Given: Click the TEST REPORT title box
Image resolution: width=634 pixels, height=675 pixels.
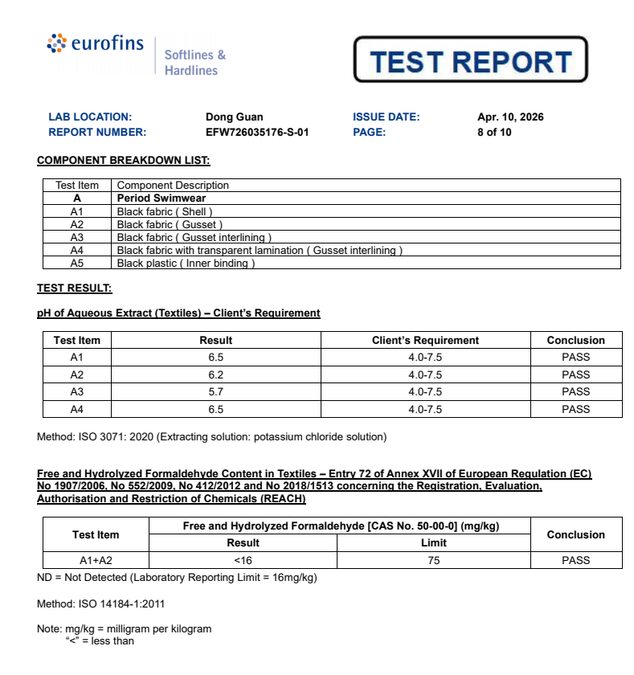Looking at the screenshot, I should tap(470, 61).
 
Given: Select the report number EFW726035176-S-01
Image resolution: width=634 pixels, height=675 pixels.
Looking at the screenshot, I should tap(257, 133).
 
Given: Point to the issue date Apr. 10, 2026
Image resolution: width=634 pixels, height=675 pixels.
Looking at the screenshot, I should tap(510, 117).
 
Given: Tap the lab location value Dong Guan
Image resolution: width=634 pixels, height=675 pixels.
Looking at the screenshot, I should tap(235, 117).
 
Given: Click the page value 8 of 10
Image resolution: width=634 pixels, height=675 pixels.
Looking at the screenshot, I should tap(494, 133).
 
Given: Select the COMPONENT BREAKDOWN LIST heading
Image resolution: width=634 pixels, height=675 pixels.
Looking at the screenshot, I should tap(124, 161).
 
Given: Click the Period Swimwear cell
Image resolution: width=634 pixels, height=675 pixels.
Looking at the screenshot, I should tap(162, 198).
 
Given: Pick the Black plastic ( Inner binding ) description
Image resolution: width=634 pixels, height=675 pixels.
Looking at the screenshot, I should tap(186, 263).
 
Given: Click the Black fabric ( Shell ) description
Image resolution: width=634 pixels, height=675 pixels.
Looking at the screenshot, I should tap(165, 211).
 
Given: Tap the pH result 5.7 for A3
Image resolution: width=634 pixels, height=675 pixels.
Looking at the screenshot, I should tap(215, 392).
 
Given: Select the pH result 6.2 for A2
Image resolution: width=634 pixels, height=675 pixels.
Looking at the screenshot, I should tap(215, 375).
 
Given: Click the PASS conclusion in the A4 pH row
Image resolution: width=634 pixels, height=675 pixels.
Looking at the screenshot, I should tap(575, 409).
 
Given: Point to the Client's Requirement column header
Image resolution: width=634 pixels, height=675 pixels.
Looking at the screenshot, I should tap(425, 341).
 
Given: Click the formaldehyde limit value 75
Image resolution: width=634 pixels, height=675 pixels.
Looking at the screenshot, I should tap(434, 561).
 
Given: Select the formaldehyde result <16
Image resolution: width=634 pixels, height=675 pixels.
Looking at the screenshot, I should tap(243, 561).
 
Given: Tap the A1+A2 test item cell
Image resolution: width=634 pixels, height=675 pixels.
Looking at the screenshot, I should tap(96, 561).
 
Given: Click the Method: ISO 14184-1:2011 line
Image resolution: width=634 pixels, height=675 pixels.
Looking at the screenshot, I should tap(101, 603).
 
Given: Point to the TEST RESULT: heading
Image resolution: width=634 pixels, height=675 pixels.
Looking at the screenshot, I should tap(75, 288).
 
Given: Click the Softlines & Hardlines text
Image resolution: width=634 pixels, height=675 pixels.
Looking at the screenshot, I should tap(194, 63).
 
